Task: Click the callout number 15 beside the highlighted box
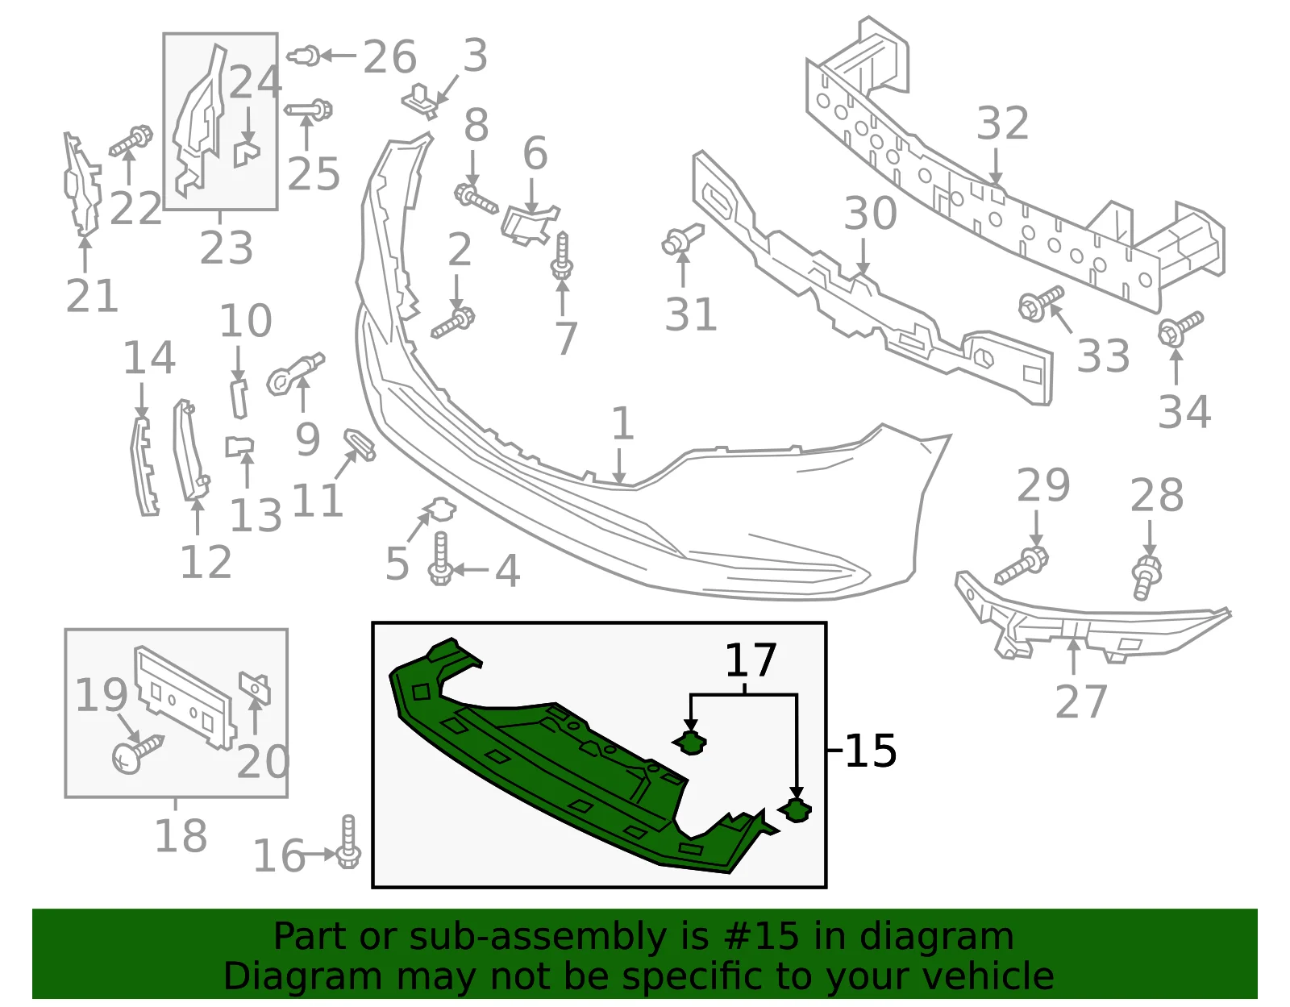tap(870, 751)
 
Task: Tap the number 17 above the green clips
tap(751, 660)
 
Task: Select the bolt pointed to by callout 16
tap(348, 842)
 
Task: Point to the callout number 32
tap(1003, 123)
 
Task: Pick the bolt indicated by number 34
tap(1180, 329)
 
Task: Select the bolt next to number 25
tap(309, 110)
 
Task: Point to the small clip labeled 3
tap(421, 101)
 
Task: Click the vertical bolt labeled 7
tap(562, 256)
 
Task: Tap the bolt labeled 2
tap(453, 322)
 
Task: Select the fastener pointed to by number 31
tap(683, 239)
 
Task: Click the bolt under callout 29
tap(1022, 565)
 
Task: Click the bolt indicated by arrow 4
tap(440, 559)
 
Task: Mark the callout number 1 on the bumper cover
tap(622, 423)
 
